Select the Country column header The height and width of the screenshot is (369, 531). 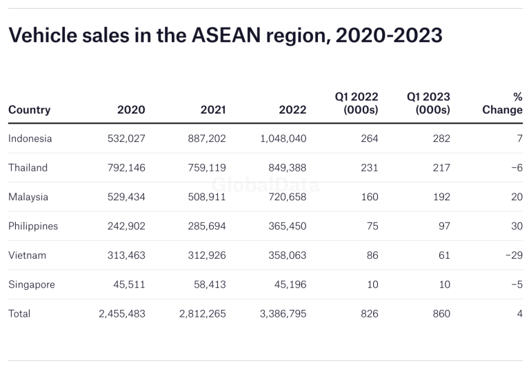(29, 109)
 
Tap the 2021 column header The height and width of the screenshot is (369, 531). (212, 109)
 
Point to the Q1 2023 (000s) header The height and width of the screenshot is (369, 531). (428, 103)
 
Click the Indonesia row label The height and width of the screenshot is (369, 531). (30, 138)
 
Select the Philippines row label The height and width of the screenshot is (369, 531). (33, 226)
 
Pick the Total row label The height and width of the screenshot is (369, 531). (19, 313)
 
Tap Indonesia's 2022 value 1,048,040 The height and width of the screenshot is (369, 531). (283, 138)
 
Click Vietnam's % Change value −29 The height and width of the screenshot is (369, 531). (513, 255)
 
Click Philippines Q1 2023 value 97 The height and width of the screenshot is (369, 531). (443, 226)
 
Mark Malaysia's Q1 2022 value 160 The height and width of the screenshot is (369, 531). (369, 197)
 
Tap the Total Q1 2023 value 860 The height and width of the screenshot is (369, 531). (441, 313)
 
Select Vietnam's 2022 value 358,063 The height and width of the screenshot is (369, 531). (288, 255)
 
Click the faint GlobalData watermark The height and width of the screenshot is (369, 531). (265, 184)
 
